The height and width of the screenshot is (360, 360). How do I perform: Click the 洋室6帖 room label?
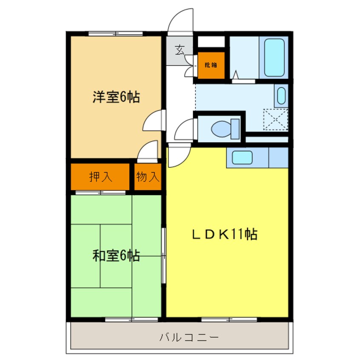[x=116, y=97]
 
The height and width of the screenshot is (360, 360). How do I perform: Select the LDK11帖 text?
[x=225, y=234]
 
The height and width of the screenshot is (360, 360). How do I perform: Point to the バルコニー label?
[x=189, y=338]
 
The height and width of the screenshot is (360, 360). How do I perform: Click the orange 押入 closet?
[x=100, y=177]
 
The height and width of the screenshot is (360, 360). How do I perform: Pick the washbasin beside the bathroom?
[x=281, y=96]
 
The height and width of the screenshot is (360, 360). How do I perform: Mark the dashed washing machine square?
[x=275, y=119]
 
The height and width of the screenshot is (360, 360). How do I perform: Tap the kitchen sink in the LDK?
[x=242, y=157]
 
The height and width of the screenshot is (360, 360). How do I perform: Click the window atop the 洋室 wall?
[x=115, y=33]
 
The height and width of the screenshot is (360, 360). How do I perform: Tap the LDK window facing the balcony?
[x=229, y=319]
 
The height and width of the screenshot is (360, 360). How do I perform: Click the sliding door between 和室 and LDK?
[x=164, y=255]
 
